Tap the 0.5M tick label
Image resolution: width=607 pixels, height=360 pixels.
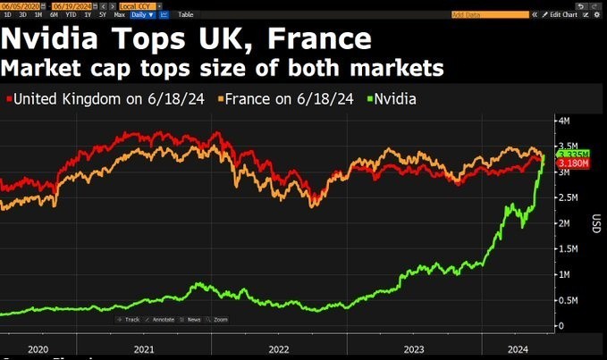coord(567,300)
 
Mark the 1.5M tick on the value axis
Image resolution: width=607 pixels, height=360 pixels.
coord(567,249)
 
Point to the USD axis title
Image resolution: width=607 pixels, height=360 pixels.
coord(595,222)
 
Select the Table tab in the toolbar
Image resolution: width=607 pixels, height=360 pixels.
coord(185,14)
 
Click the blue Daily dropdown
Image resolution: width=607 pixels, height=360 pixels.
coord(142,14)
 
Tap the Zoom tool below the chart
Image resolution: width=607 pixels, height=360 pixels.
coord(218,319)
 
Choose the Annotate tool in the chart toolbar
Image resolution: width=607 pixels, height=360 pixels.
coord(162,319)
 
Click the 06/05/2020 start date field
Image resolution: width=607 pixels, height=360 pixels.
coord(20,5)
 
